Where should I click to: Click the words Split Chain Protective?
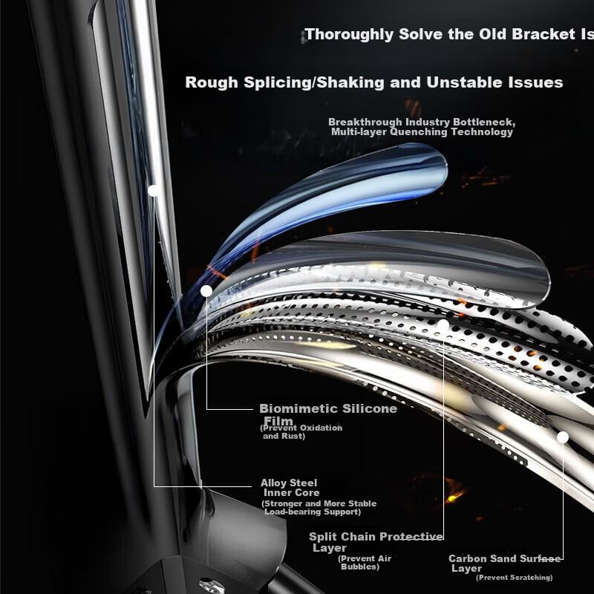[x=376, y=537]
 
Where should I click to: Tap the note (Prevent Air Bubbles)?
[x=365, y=562]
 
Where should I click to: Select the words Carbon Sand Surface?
[x=505, y=558]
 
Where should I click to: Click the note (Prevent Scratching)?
[x=515, y=578]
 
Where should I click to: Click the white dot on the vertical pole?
[x=153, y=190]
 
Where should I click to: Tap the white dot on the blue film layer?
[x=206, y=291]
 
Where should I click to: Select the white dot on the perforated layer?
[x=443, y=325]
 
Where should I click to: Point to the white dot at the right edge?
[x=563, y=437]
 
